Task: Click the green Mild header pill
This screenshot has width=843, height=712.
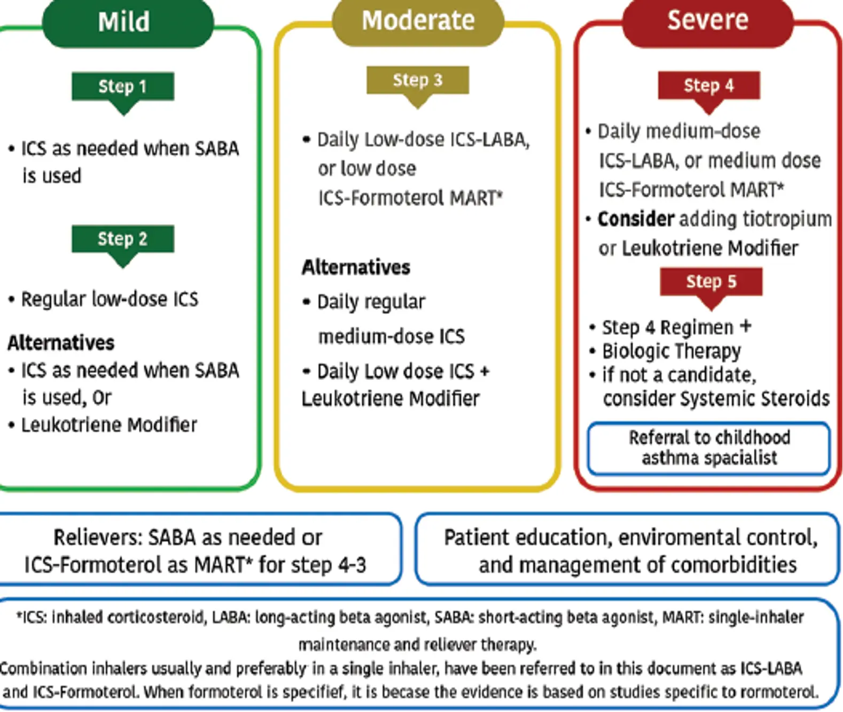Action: (127, 22)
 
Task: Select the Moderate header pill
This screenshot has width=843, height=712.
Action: (418, 21)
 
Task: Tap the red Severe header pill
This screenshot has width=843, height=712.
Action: (708, 21)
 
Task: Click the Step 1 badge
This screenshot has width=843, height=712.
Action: (123, 86)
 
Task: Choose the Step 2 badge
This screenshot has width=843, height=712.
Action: (123, 239)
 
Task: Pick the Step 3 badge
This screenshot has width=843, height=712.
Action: (418, 80)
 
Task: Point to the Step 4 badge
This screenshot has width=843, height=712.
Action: (709, 85)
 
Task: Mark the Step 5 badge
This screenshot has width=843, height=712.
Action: (711, 281)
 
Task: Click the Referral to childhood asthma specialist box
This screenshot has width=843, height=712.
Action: (708, 448)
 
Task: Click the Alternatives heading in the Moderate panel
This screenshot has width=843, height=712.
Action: (356, 267)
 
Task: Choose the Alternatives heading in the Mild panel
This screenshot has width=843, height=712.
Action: (61, 343)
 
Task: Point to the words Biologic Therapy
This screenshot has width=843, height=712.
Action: (672, 351)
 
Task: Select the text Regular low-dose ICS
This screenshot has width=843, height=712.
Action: (110, 299)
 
